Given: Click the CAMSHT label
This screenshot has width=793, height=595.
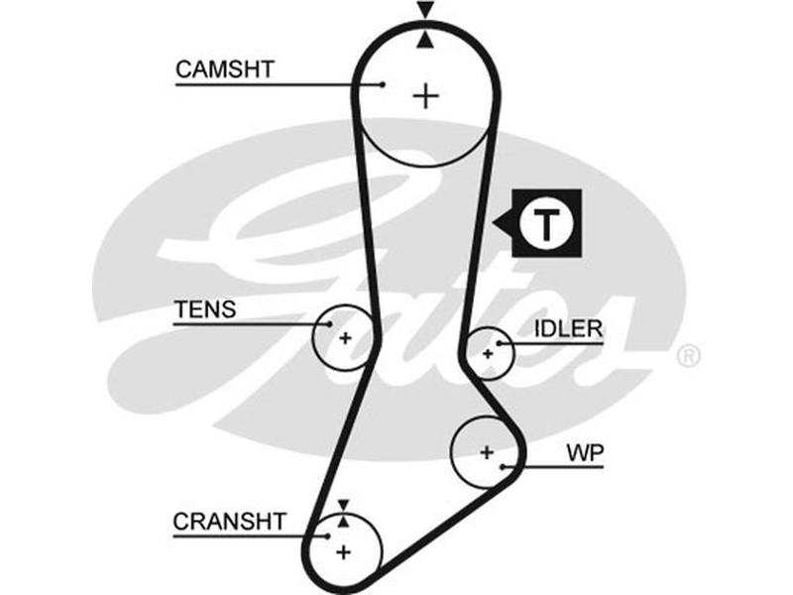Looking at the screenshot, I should (224, 69).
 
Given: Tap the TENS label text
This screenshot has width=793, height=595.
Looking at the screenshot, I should (205, 309).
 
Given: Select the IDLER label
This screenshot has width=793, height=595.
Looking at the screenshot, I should (569, 329).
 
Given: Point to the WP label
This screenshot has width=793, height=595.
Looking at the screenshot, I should (585, 453).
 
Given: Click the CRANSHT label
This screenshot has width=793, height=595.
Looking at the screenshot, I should (229, 521).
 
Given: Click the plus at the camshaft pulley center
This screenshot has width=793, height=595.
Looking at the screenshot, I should (426, 95).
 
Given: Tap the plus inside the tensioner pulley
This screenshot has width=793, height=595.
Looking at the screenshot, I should (346, 338).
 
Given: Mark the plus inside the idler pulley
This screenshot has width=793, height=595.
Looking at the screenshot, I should (487, 353).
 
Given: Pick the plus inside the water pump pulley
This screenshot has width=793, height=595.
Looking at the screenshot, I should (486, 452).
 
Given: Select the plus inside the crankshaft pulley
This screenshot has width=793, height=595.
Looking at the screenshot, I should (343, 550).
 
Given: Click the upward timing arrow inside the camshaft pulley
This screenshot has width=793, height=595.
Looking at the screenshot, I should (426, 39).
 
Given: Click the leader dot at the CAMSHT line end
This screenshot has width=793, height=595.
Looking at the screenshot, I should (382, 84).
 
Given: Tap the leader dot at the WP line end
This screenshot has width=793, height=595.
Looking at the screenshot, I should (504, 465).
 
